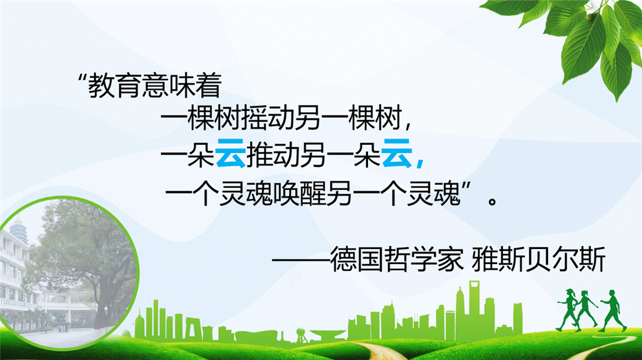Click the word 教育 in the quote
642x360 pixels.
click(115, 85)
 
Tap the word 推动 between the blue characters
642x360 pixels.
click(273, 154)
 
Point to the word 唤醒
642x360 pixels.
click(300, 193)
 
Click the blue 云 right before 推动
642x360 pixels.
click(231, 154)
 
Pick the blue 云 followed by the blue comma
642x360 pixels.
click(396, 154)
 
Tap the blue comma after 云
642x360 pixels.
click(419, 162)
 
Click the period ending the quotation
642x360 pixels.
click(493, 201)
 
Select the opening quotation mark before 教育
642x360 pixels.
click(82, 78)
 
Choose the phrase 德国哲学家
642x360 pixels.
click(396, 259)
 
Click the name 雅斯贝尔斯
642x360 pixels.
click(539, 259)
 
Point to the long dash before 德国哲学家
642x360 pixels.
click(301, 259)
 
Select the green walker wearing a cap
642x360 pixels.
click(567, 309)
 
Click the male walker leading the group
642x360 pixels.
click(612, 310)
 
